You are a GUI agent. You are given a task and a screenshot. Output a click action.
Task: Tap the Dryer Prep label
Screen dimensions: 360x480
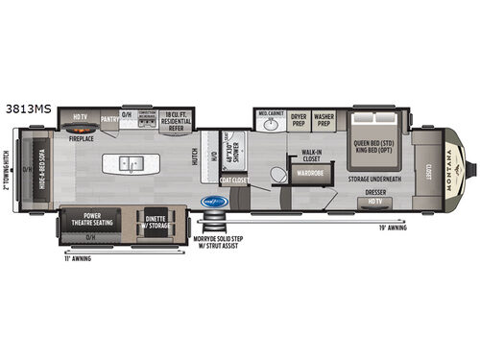[299, 119]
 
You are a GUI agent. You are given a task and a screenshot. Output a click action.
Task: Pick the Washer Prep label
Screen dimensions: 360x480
[323, 119]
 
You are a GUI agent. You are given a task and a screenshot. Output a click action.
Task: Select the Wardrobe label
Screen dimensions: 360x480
[310, 174]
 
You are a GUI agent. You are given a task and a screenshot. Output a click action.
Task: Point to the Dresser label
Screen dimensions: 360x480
[376, 192]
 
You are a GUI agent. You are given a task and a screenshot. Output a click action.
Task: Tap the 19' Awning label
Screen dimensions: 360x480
[394, 228]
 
